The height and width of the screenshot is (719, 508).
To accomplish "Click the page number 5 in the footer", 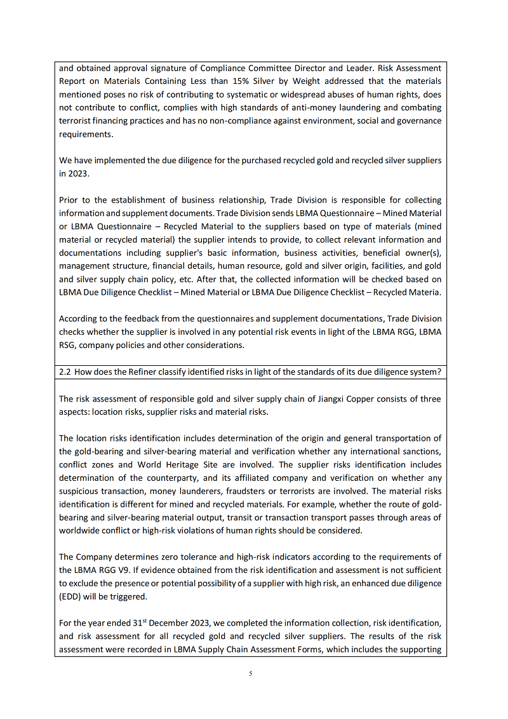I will pos(251,673).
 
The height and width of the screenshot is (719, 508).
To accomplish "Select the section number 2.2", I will pos(64,372).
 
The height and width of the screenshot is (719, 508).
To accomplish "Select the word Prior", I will pos(69,200).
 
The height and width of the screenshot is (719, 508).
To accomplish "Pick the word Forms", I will pos(305,650).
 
